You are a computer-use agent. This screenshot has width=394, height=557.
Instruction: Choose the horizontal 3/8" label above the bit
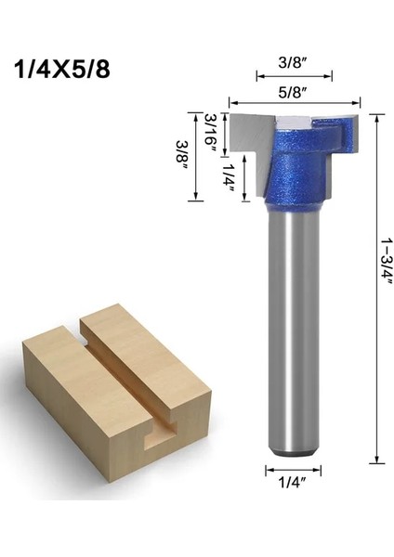pyautogui.click(x=290, y=65)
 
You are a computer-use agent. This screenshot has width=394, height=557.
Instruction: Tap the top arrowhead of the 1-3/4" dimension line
pyautogui.click(x=377, y=116)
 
